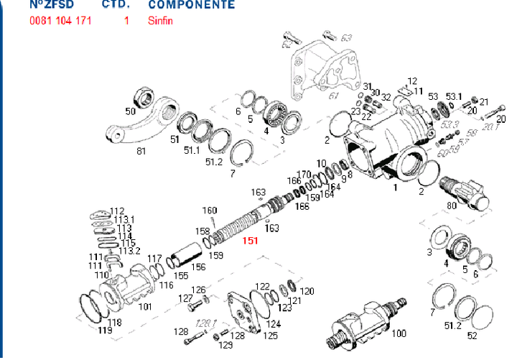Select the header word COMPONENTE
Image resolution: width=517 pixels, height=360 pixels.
click(191, 5)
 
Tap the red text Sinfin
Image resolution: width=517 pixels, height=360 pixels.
click(160, 21)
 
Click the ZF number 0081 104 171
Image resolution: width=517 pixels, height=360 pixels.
click(60, 21)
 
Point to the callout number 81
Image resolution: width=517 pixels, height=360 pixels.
click(141, 151)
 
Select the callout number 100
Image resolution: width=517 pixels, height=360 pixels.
click(399, 333)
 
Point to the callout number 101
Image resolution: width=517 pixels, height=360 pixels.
click(146, 307)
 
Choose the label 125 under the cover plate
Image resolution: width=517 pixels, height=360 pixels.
click(271, 335)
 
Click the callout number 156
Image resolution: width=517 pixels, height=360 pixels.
click(198, 267)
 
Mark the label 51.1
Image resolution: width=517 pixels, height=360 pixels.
click(192, 151)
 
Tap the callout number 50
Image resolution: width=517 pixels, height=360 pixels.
click(131, 111)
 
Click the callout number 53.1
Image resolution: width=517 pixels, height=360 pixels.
click(453, 96)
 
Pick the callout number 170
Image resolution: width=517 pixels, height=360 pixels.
click(304, 175)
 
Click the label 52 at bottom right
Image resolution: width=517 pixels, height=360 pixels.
click(472, 336)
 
